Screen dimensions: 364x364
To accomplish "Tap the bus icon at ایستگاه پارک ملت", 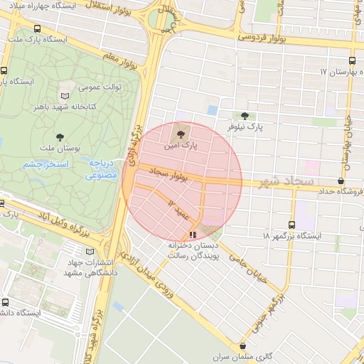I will (x=37, y=29).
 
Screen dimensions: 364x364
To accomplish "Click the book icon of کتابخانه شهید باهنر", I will (x=65, y=95).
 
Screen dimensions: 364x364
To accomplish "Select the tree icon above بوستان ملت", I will (x=58, y=136).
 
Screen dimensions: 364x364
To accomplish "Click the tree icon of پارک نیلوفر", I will (x=245, y=115).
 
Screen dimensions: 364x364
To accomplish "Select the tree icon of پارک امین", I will (x=178, y=133).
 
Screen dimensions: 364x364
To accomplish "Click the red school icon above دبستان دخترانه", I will (x=193, y=235).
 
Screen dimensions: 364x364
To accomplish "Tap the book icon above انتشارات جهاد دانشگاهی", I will (x=89, y=251).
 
